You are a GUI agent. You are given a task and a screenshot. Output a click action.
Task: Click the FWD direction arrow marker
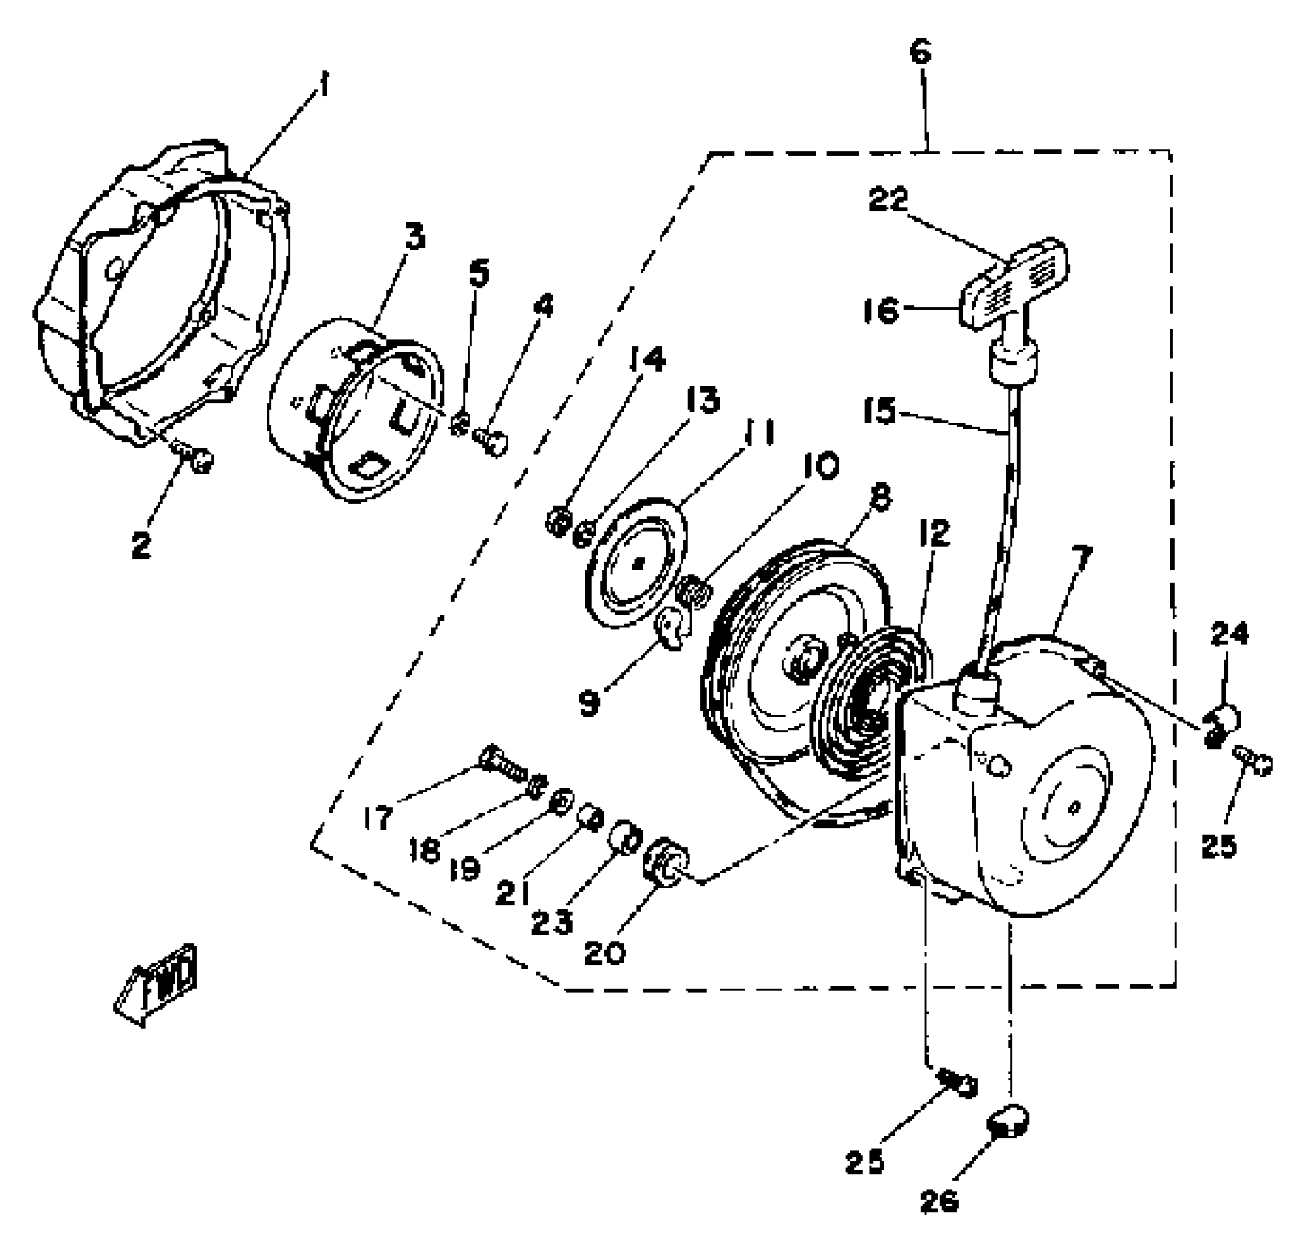click(157, 984)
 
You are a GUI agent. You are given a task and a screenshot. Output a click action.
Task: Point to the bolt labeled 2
click(199, 461)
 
